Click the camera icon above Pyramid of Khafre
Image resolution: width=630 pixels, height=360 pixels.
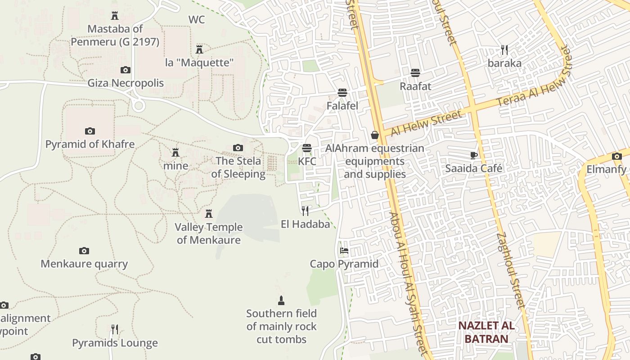click(x=90, y=131)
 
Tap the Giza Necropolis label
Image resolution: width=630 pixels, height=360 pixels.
click(x=126, y=83)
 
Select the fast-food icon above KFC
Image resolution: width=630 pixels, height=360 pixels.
click(x=307, y=148)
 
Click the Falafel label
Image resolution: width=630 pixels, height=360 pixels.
click(x=342, y=106)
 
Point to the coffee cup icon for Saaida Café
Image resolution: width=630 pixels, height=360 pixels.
click(x=473, y=155)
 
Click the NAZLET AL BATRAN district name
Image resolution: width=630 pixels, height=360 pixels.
click(x=486, y=332)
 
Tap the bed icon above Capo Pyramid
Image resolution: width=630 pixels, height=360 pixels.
click(x=344, y=251)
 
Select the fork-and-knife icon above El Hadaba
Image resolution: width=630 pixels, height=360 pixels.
click(x=305, y=211)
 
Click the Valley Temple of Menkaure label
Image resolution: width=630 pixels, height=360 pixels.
click(x=209, y=234)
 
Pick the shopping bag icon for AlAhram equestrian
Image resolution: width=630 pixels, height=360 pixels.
click(x=374, y=135)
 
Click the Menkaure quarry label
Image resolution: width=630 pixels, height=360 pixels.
click(x=84, y=264)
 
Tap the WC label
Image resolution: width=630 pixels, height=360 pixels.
click(x=197, y=20)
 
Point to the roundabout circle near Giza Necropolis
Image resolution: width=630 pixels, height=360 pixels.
click(x=139, y=106)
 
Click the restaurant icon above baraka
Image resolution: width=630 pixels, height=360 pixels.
click(x=504, y=49)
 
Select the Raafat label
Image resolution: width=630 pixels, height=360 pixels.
click(x=415, y=86)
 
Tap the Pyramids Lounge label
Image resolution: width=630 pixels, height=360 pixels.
click(x=115, y=343)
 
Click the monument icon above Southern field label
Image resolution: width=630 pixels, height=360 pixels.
click(x=281, y=300)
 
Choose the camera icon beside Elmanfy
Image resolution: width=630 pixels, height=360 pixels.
click(x=616, y=157)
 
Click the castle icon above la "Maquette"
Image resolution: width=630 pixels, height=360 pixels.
click(x=199, y=49)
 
